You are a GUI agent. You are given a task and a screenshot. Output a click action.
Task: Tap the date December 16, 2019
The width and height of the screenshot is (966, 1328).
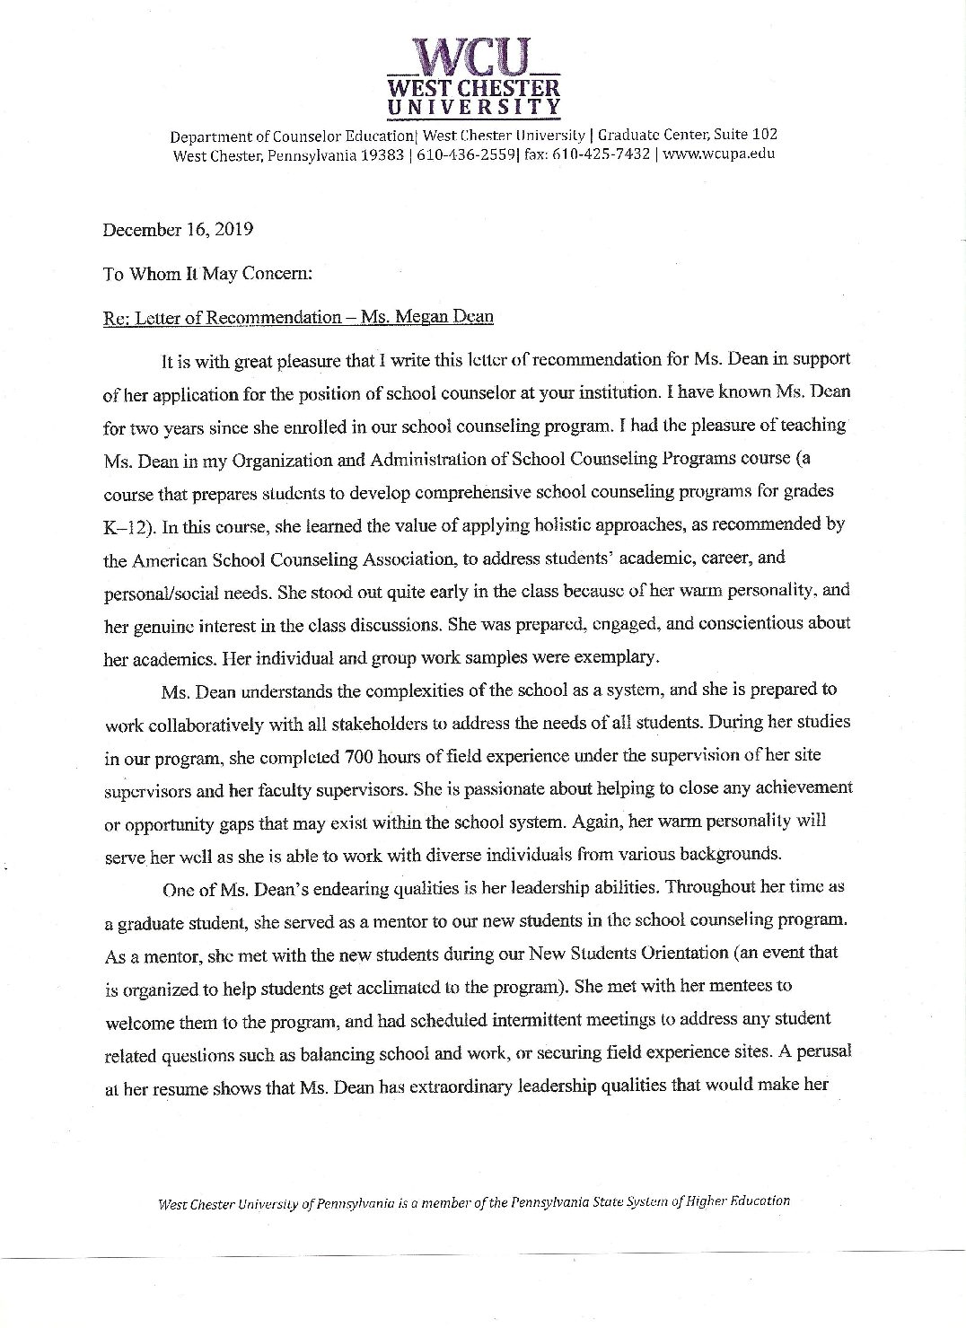(178, 229)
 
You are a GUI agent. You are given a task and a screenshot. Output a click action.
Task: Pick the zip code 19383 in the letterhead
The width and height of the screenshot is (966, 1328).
(370, 154)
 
